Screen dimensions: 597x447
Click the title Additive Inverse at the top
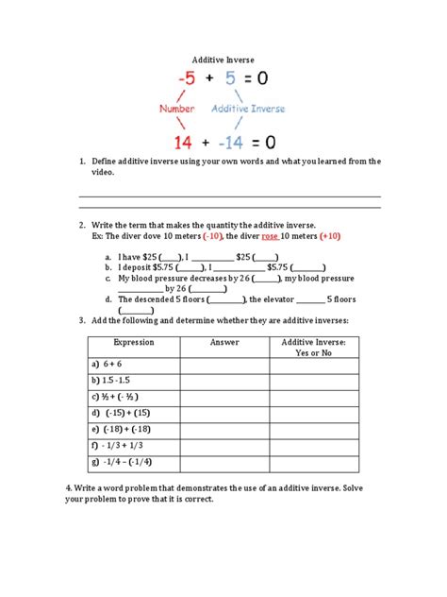(x=223, y=60)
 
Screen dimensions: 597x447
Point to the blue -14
(x=229, y=143)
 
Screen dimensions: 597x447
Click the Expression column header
(x=133, y=343)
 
